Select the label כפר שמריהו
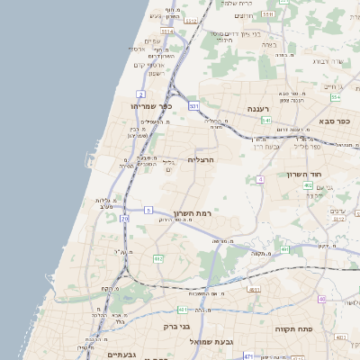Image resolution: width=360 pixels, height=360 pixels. (132, 106)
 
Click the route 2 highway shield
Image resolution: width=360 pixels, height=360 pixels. (141, 94)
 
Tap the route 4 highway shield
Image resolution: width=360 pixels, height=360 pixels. (260, 180)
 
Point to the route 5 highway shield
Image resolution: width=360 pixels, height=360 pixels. (147, 210)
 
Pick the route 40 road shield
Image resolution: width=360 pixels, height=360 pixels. (322, 299)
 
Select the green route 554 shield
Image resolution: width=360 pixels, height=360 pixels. (335, 97)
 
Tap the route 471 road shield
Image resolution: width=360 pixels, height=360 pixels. (247, 356)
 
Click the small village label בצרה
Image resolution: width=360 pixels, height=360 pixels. (282, 55)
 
